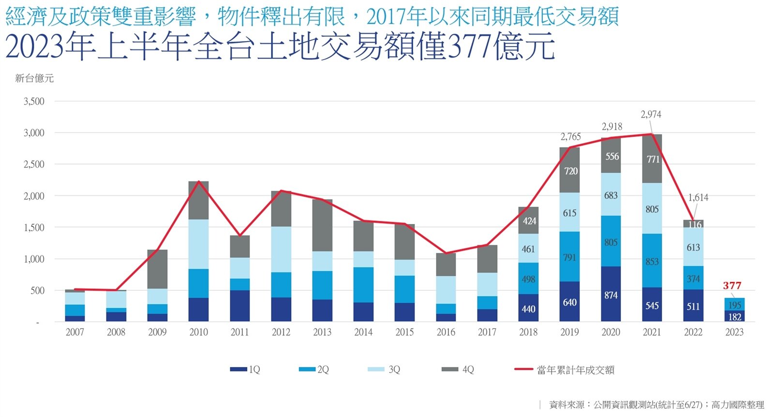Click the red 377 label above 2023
click(732, 285)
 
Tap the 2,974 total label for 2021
click(651, 115)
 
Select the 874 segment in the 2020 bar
click(610, 295)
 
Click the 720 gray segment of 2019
click(570, 171)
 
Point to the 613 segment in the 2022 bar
click(693, 247)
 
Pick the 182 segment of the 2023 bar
click(734, 317)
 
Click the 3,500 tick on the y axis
click(34, 102)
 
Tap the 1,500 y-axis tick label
click(34, 227)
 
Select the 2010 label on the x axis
click(198, 332)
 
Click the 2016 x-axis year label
click(446, 332)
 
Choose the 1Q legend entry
click(246, 370)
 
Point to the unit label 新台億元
click(34, 78)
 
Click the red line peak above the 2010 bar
click(198, 182)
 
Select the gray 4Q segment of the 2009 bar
click(157, 269)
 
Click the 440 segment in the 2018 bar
click(528, 309)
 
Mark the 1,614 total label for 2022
click(698, 197)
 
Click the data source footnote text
click(656, 405)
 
